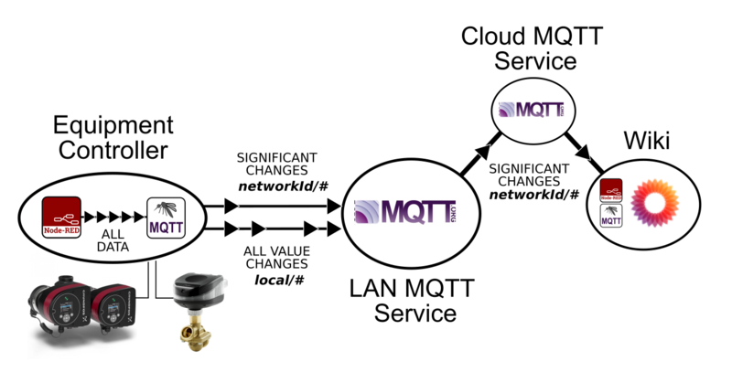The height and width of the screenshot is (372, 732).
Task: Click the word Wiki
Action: click(647, 141)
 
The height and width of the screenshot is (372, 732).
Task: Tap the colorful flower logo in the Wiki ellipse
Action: click(655, 201)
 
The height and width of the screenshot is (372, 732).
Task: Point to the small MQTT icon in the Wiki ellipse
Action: click(611, 216)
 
